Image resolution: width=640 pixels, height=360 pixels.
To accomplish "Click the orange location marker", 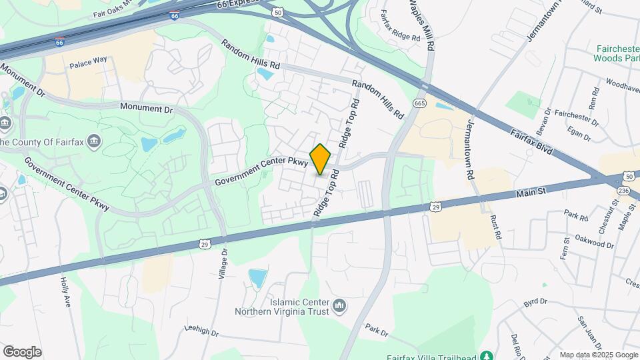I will coord(321,159).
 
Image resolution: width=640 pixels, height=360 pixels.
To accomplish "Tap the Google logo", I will coord(22,352).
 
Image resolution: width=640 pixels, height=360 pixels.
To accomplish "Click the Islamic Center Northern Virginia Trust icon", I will coord(340,306).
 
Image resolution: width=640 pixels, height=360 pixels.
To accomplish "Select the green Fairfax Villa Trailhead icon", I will coord(487,355).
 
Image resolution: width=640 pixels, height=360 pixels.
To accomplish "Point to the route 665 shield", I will coord(419,103).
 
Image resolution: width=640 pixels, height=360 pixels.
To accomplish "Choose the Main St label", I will coord(531,193).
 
